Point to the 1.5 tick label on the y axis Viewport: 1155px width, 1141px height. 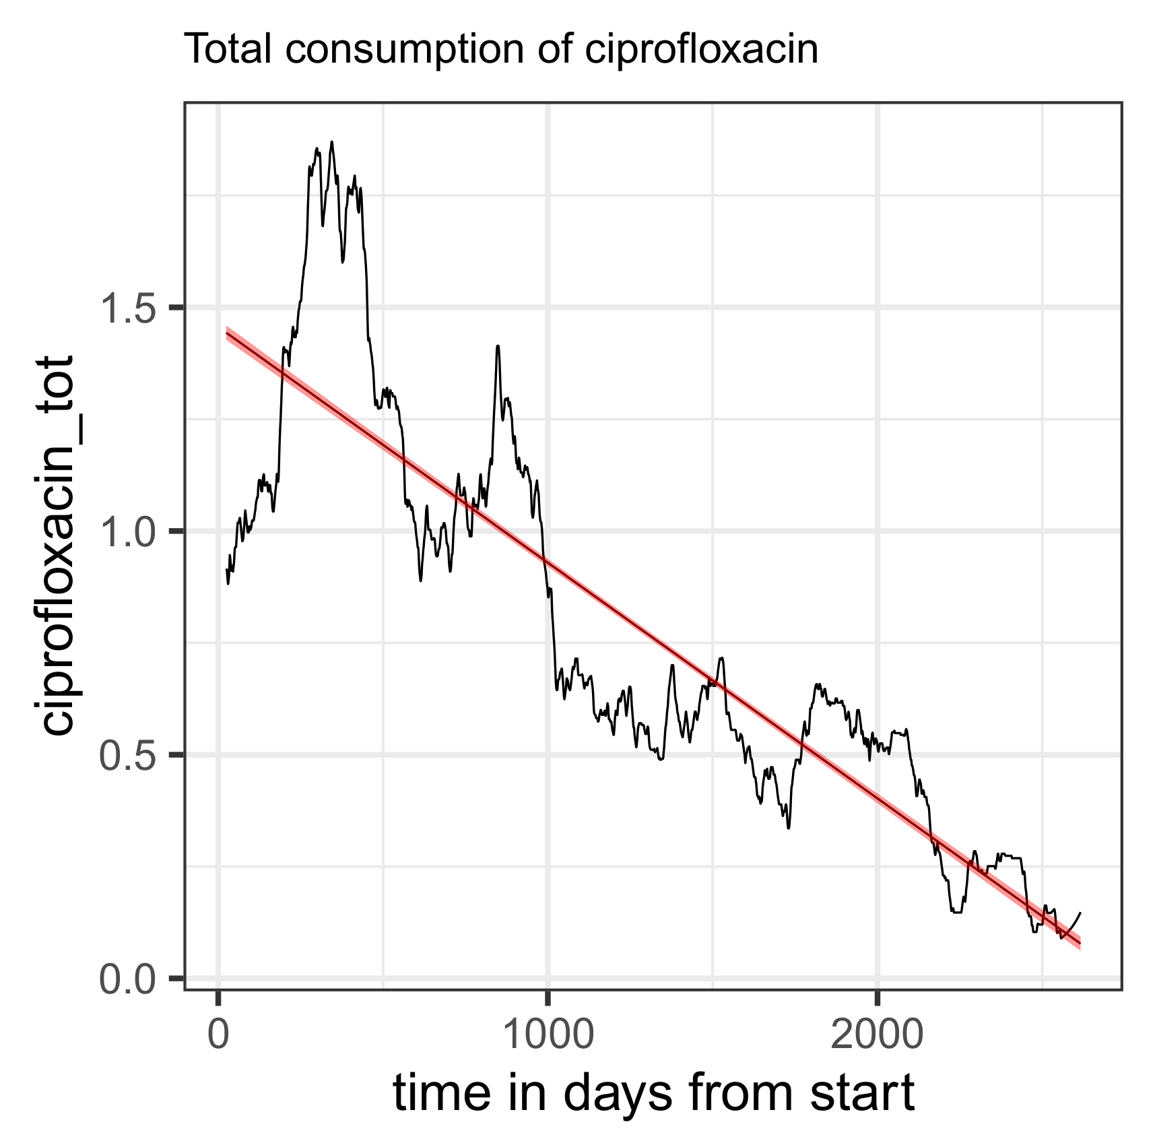coord(129,307)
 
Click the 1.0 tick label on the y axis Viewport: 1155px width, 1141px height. coord(129,531)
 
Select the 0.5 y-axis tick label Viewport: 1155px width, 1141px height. coord(129,754)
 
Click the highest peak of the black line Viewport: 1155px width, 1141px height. coord(331,143)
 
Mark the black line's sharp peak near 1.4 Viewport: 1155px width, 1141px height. coord(498,347)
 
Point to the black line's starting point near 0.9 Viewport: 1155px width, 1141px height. coord(227,570)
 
